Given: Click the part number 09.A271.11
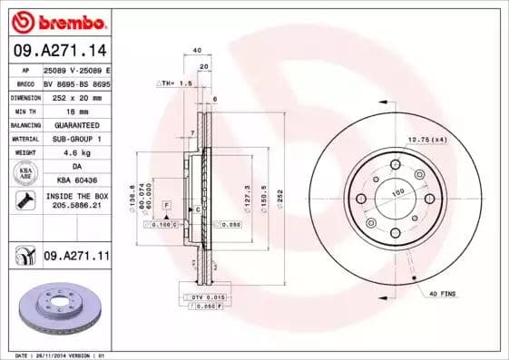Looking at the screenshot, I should (76, 258).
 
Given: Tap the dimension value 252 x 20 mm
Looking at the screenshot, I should (74, 96).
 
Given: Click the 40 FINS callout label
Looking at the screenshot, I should (443, 294).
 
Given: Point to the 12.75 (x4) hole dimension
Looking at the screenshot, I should (426, 139).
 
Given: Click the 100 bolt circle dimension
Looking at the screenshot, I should (396, 192).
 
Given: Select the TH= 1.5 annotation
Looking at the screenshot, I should (176, 83).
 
